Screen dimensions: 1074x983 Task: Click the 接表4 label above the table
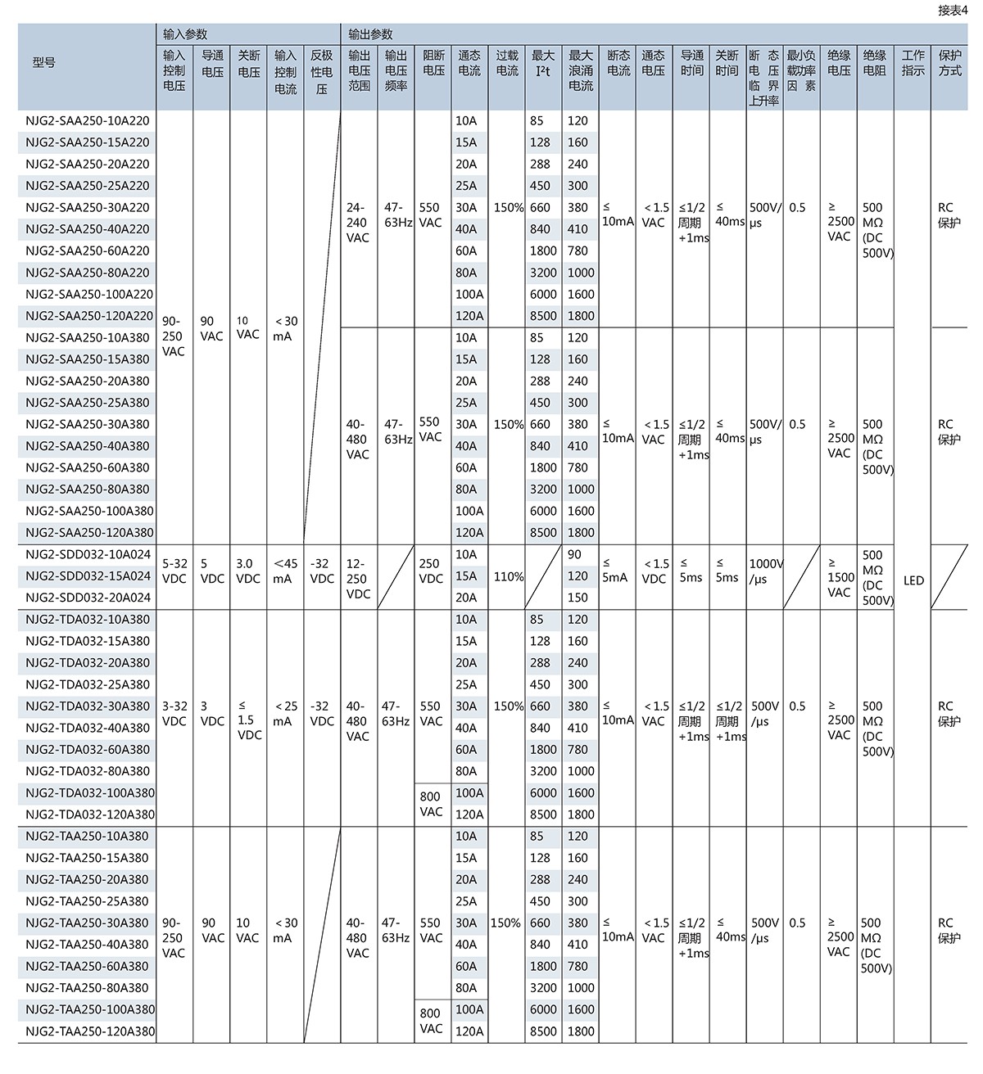[x=953, y=11]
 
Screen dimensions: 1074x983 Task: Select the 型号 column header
[x=44, y=63]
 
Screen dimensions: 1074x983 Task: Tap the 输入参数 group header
[x=186, y=34]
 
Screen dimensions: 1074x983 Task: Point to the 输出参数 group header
[x=370, y=34]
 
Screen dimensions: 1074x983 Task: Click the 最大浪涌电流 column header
[x=581, y=70]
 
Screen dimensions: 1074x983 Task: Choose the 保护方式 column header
[x=950, y=63]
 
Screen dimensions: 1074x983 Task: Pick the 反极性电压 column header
[x=322, y=70]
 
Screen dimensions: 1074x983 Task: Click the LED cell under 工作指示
[x=913, y=580]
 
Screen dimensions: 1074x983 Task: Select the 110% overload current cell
[x=508, y=576]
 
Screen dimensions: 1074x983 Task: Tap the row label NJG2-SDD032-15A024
[x=88, y=576]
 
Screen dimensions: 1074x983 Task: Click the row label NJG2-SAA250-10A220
[x=88, y=121]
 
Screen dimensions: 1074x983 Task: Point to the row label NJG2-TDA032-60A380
[x=88, y=750]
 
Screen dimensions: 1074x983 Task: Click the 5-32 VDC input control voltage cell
[x=174, y=571]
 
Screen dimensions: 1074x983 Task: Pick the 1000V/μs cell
[x=766, y=571]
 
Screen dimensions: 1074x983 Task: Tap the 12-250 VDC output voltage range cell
[x=359, y=578]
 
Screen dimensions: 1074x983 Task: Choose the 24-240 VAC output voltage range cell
[x=358, y=223]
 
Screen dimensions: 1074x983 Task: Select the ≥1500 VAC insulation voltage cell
[x=839, y=578]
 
